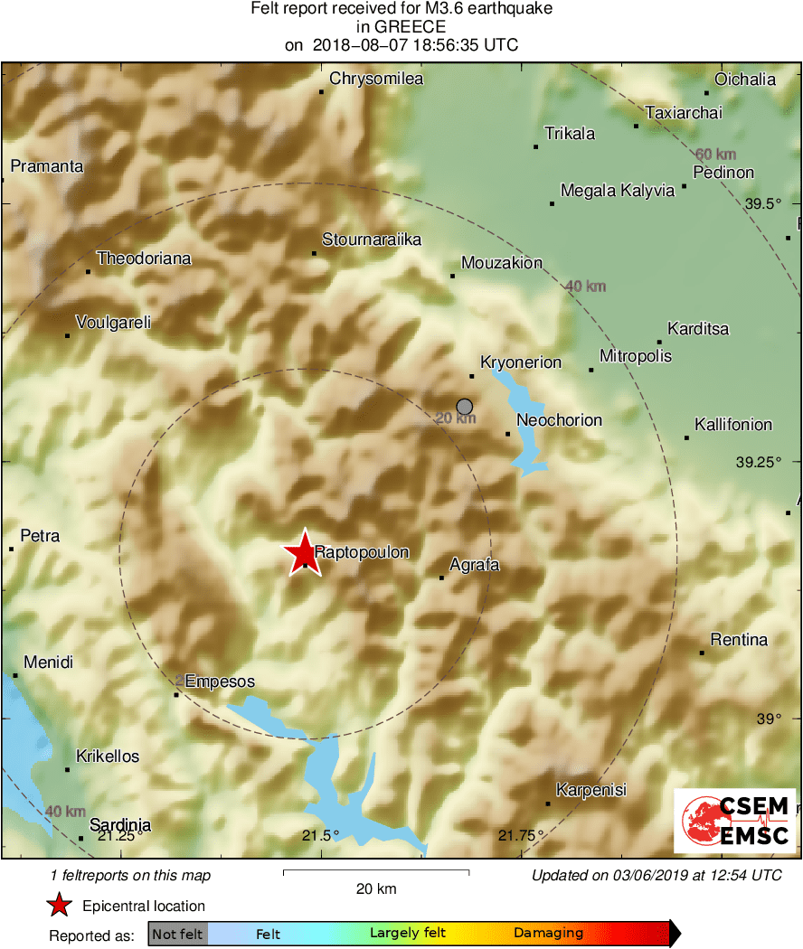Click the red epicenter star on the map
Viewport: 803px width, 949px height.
301,553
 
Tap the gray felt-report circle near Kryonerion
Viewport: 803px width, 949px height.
465,407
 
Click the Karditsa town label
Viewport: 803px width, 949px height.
698,329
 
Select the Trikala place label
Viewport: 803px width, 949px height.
570,134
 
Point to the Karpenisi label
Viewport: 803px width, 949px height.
591,790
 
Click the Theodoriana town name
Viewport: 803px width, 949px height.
144,258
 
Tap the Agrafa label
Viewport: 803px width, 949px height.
475,566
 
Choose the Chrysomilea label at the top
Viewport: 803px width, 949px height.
376,79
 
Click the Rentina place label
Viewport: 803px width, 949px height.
739,640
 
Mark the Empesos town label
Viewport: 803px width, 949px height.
220,681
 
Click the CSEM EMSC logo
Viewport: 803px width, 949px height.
734,821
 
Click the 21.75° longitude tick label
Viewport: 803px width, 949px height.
522,835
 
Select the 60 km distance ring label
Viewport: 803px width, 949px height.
714,154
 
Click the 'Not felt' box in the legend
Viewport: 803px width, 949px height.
177,934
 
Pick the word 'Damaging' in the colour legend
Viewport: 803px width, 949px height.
549,933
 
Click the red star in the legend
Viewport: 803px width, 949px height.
59,905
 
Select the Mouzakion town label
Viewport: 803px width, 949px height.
502,263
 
